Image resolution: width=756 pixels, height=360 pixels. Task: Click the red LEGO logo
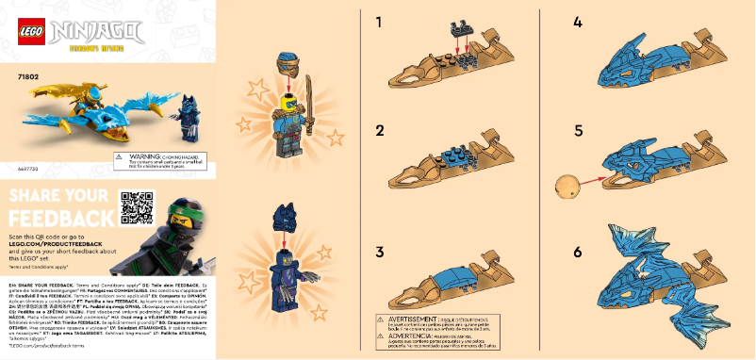27,31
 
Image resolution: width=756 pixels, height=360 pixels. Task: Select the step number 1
379,22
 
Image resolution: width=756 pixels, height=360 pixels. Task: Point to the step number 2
379,130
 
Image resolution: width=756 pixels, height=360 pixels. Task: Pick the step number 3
379,252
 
